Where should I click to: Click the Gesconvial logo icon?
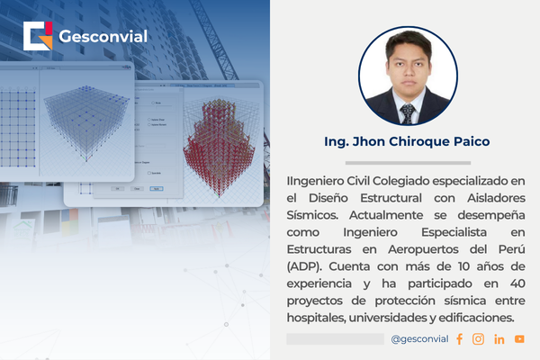(x=39, y=36)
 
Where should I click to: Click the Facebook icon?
(x=459, y=338)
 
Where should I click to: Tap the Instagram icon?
(x=478, y=338)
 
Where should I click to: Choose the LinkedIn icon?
(x=499, y=338)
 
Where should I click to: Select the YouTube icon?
(x=519, y=338)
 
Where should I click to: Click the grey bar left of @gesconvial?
(x=335, y=338)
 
